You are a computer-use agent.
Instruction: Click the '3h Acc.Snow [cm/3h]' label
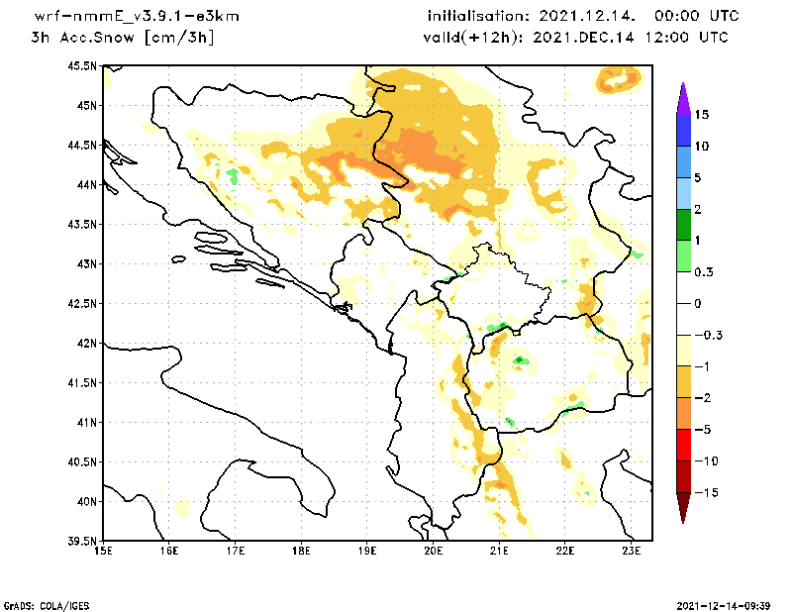(123, 38)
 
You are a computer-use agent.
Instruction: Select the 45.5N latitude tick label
(82, 66)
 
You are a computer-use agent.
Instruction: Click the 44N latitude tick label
(86, 185)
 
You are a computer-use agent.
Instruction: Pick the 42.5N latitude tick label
(82, 304)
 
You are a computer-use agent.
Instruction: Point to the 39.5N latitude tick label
(82, 542)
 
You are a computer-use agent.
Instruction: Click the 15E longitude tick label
(102, 551)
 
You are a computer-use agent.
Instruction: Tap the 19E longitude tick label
(367, 551)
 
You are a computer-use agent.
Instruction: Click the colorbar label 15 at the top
(701, 115)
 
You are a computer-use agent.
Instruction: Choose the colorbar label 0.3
(704, 272)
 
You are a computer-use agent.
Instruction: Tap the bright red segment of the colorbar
(682, 446)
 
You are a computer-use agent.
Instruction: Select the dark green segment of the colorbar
(682, 225)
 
